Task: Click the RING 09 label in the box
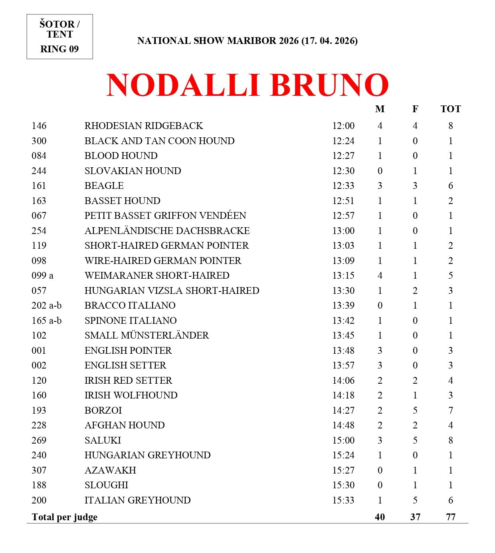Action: pyautogui.click(x=59, y=49)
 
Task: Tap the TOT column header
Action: pyautogui.click(x=450, y=109)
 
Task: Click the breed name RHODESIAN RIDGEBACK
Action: pyautogui.click(x=144, y=126)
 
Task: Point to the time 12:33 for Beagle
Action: pyautogui.click(x=343, y=186)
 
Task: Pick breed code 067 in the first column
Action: pyautogui.click(x=39, y=216)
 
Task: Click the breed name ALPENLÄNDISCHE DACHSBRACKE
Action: pyautogui.click(x=167, y=231)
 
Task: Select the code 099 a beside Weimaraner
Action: pyautogui.click(x=42, y=276)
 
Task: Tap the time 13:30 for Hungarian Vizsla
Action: pyautogui.click(x=343, y=291)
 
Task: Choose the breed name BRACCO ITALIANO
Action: pyautogui.click(x=130, y=305)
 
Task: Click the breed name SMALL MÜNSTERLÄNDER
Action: pyautogui.click(x=147, y=335)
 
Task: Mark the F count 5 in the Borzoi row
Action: pyautogui.click(x=415, y=410)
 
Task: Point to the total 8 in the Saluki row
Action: pyautogui.click(x=450, y=440)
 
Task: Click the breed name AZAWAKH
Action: pyautogui.click(x=110, y=470)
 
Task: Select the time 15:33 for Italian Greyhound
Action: pyautogui.click(x=343, y=500)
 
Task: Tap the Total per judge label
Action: pyautogui.click(x=64, y=517)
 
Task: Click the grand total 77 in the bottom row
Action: pyautogui.click(x=450, y=517)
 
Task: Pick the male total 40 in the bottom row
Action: pyautogui.click(x=380, y=517)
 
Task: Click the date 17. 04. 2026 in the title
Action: pyautogui.click(x=329, y=41)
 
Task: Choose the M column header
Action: pyautogui.click(x=380, y=109)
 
